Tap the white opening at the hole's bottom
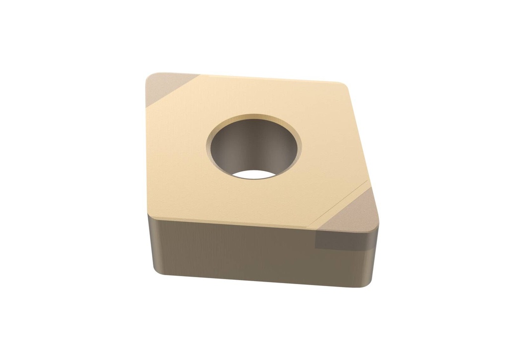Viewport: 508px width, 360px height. pyautogui.click(x=254, y=174)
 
